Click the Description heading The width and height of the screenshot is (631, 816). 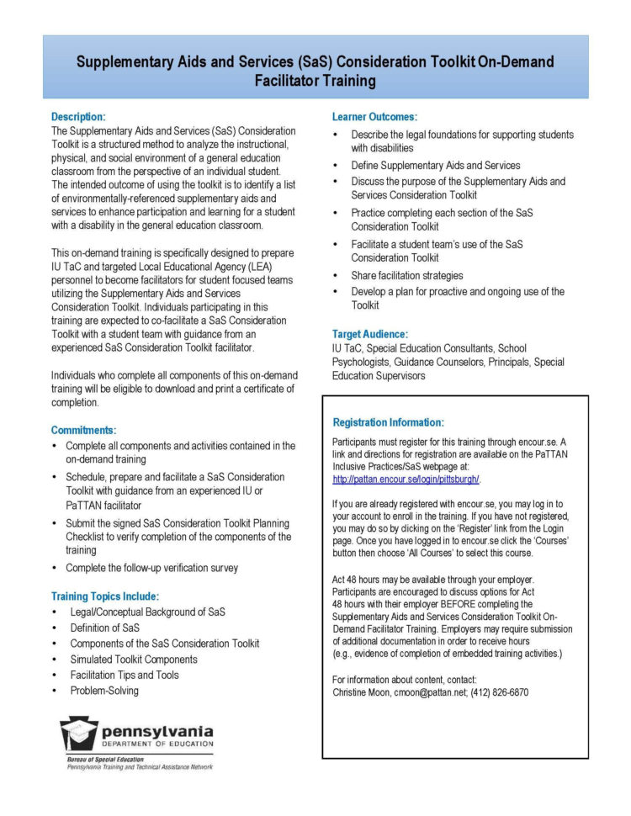78,116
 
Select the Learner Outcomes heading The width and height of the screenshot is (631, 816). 374,117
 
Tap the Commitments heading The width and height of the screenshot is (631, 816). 83,430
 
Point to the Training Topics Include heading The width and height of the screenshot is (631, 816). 104,596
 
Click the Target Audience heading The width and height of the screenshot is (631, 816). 370,334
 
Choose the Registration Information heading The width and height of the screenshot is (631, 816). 388,422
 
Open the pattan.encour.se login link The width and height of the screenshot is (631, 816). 406,480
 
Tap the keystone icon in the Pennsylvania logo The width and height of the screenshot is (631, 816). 78,734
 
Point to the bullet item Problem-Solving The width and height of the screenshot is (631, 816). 104,691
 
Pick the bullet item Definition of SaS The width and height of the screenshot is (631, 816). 104,628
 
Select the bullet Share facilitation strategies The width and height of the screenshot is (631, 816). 406,275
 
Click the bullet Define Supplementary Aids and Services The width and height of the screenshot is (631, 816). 435,166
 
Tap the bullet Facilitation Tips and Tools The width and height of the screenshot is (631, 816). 124,675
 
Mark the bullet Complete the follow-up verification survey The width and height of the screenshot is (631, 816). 151,568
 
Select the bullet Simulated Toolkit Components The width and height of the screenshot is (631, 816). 133,660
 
